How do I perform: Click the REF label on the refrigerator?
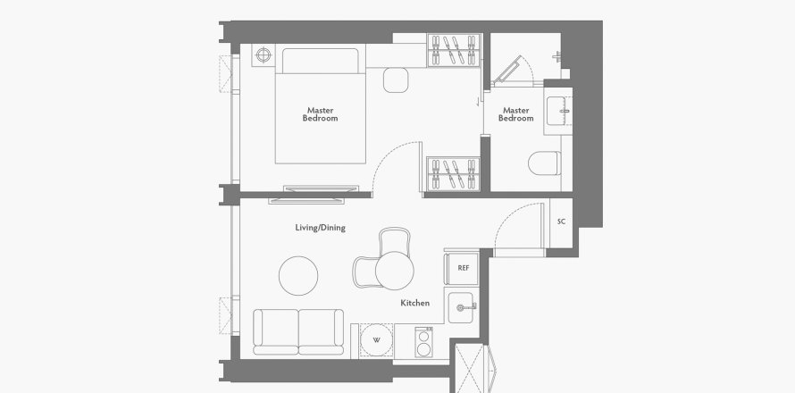(464, 268)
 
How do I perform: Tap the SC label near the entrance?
(560, 221)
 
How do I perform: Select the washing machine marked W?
(376, 339)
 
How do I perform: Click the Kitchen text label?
(414, 303)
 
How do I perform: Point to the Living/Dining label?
(320, 228)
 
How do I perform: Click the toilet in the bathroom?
(544, 163)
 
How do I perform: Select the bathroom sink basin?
(558, 111)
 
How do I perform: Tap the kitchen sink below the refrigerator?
(463, 307)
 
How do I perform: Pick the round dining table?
(393, 269)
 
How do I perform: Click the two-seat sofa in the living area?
(297, 330)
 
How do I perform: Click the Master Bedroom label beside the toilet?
(515, 114)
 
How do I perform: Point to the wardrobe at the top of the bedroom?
(454, 49)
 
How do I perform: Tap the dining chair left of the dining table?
(364, 271)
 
